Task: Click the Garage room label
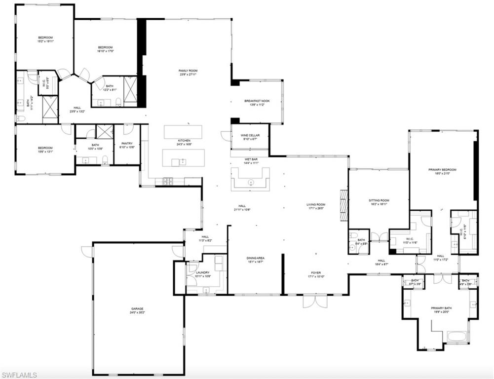point(137,309)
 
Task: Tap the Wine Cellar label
point(250,135)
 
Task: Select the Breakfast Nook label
point(257,101)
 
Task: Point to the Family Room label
point(188,71)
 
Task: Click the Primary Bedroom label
point(442,170)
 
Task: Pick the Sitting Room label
point(379,200)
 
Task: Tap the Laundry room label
point(203,272)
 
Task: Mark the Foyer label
point(316,272)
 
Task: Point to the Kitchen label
point(184,141)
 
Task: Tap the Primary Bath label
point(441,308)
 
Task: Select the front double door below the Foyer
point(314,301)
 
